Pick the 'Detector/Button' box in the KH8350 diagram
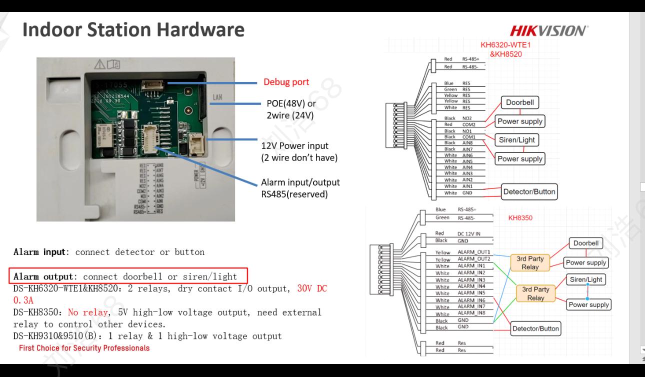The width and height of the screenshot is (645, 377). click(535, 328)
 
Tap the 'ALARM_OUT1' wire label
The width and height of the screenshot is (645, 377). click(474, 252)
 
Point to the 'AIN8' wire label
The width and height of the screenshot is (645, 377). click(467, 142)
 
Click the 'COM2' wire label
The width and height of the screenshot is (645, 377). click(468, 124)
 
